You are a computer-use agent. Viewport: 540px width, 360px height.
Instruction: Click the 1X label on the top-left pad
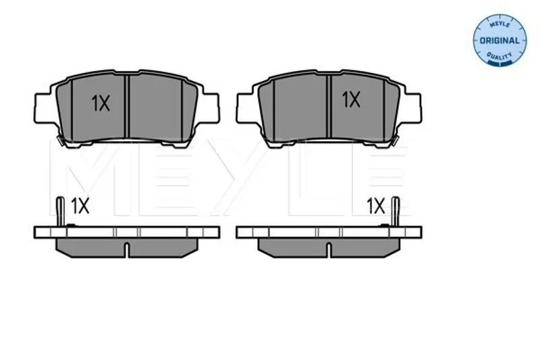(x=101, y=103)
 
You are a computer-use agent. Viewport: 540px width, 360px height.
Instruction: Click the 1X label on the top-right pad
(x=351, y=99)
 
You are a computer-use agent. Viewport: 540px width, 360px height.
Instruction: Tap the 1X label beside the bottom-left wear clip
(x=80, y=205)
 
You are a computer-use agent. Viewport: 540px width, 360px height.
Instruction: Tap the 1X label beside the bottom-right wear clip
(x=375, y=205)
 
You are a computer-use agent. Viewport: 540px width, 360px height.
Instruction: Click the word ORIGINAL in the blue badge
(x=500, y=41)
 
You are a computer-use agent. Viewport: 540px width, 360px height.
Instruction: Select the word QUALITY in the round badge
(x=500, y=55)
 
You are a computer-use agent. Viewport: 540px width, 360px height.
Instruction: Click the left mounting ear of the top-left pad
(x=45, y=107)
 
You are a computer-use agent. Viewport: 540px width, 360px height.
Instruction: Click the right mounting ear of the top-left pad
(x=209, y=107)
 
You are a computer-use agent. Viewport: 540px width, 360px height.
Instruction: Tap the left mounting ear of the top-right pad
(x=248, y=107)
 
